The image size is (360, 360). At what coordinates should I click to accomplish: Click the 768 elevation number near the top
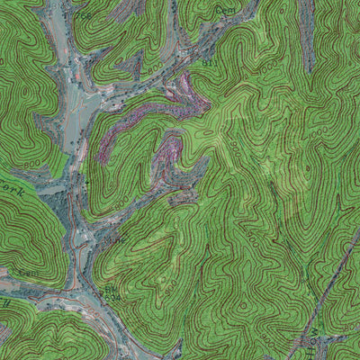pyautogui.click(x=83, y=15)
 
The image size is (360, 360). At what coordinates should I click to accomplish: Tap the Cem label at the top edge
pyautogui.click(x=223, y=9)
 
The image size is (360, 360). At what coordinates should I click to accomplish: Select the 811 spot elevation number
pyautogui.click(x=211, y=64)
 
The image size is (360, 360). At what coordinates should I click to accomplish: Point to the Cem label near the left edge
pyautogui.click(x=28, y=272)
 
